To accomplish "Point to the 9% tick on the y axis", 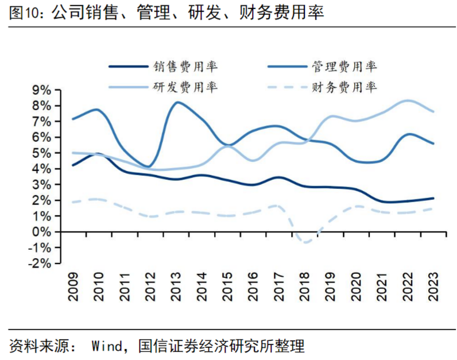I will [x=43, y=90].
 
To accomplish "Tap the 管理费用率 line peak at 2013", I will [x=177, y=103].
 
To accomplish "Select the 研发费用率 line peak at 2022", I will [x=407, y=101].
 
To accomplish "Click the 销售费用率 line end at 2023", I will [x=433, y=198].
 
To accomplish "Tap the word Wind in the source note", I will [x=107, y=346].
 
